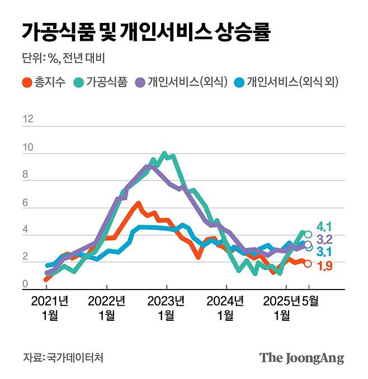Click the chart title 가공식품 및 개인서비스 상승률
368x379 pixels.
pos(146,32)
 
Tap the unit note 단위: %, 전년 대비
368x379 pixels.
pos(64,59)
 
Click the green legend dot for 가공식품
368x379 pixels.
pos(78,83)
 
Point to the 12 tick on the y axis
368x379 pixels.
pos(28,119)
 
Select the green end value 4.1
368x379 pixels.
pos(325,227)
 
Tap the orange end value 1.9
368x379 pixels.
pos(325,266)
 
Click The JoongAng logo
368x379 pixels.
pos(301,358)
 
